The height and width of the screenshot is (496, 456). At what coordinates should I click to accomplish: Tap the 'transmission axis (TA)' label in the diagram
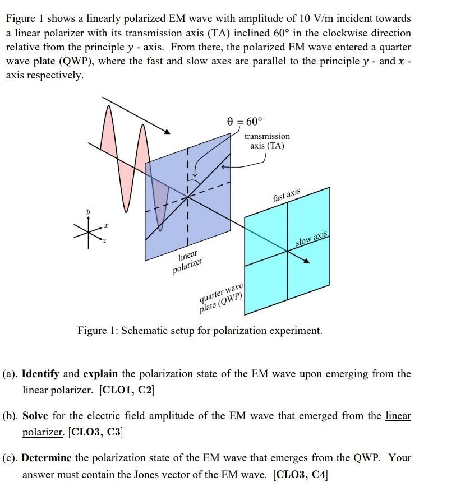coord(267,141)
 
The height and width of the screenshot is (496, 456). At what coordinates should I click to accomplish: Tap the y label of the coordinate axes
coord(87,211)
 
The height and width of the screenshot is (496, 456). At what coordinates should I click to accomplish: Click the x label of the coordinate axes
coord(105,226)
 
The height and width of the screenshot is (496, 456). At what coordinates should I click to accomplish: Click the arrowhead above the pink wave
coord(167,131)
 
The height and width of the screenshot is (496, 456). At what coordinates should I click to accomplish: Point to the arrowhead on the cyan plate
coord(307,261)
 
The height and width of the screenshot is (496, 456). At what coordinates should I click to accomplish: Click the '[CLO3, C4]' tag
coord(300,475)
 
